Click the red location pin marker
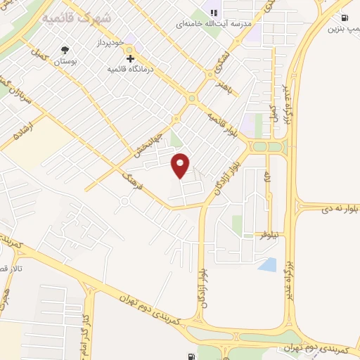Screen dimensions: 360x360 (x=181, y=165)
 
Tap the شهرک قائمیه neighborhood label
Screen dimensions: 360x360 (x=76, y=18)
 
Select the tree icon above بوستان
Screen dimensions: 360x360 (x=65, y=50)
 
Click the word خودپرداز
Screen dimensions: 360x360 (x=108, y=44)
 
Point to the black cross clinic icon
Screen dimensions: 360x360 (x=130, y=58)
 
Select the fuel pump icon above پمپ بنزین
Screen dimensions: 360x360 (x=345, y=18)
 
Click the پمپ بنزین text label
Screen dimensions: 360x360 (x=342, y=30)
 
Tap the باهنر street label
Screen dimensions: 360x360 (x=224, y=88)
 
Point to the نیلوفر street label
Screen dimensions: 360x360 (x=269, y=234)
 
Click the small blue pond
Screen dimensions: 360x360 (x=267, y=265)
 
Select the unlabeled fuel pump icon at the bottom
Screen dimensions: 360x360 (x=191, y=356)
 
